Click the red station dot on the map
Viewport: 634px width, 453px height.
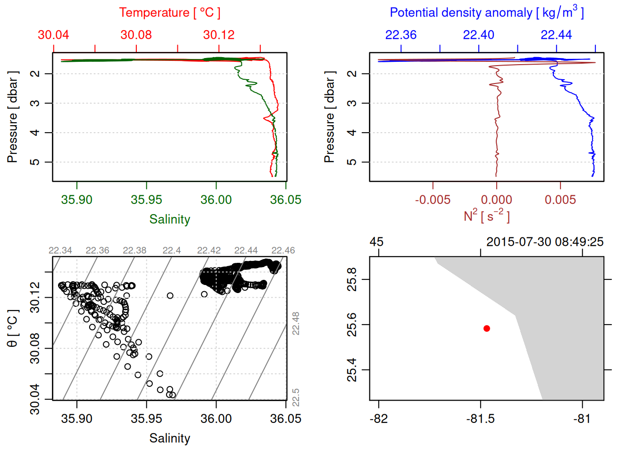click(x=486, y=328)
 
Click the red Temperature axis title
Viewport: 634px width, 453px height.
click(x=169, y=13)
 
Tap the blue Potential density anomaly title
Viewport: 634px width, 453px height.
click(x=486, y=13)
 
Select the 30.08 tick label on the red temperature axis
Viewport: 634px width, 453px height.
click(x=136, y=35)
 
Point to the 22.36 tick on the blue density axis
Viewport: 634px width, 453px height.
click(x=401, y=35)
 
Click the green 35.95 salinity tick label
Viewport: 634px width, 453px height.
click(x=146, y=200)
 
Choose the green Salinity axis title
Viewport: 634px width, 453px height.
click(x=169, y=219)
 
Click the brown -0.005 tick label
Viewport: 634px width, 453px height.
click(x=433, y=200)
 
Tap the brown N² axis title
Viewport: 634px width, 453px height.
click(x=486, y=216)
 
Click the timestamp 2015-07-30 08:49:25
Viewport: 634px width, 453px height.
click(x=545, y=242)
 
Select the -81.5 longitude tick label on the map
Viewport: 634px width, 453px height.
click(x=480, y=419)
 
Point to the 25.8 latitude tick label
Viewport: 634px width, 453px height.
click(x=352, y=279)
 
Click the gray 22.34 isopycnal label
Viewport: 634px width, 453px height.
click(x=60, y=251)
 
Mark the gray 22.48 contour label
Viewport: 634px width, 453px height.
click(x=296, y=323)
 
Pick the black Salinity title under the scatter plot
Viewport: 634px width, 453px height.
click(x=169, y=438)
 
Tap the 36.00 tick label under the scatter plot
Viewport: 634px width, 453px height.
click(x=216, y=419)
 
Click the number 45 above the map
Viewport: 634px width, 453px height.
click(x=376, y=242)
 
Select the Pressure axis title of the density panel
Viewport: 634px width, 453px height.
click(x=329, y=117)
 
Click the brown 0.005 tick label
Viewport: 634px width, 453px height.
click(x=560, y=200)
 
